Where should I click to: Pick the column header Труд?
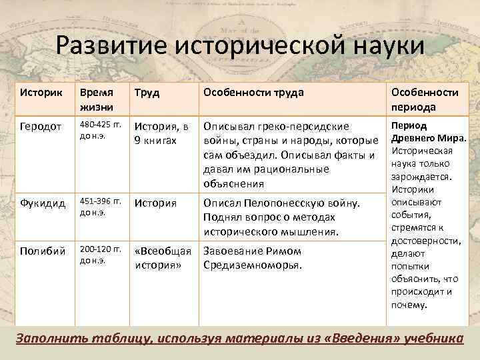click(x=147, y=93)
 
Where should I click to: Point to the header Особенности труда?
click(x=253, y=93)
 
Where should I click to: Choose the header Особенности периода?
click(x=425, y=99)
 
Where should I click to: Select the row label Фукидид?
click(x=41, y=202)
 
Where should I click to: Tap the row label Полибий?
click(x=41, y=251)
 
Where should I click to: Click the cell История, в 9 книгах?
click(x=162, y=133)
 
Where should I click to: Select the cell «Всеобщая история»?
click(x=163, y=258)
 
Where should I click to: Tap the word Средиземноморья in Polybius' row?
click(x=253, y=265)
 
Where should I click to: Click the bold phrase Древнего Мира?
click(x=427, y=138)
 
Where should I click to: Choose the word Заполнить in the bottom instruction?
click(x=49, y=338)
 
